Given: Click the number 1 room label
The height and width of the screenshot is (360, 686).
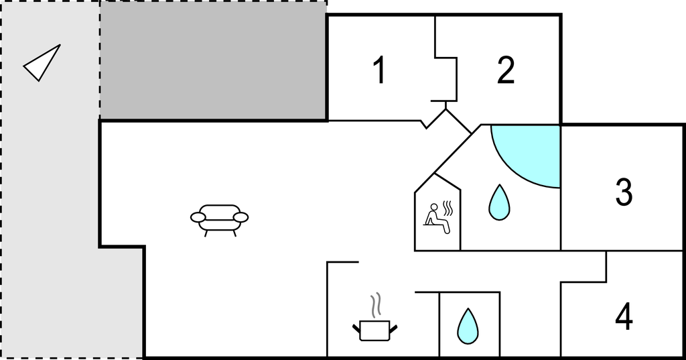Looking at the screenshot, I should [379, 70].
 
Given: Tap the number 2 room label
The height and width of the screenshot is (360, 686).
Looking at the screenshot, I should [506, 70].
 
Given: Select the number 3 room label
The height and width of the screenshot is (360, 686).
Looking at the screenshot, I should [624, 192].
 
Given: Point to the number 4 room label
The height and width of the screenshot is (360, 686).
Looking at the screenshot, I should [624, 316].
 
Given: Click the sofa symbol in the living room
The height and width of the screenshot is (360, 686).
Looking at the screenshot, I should [219, 219].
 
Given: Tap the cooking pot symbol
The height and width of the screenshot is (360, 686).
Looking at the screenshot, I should [374, 329].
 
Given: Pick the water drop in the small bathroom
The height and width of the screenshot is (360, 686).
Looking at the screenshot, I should [468, 326].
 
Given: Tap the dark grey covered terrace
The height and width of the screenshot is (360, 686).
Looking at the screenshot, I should [213, 60].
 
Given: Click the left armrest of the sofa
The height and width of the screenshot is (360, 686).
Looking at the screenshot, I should [198, 217].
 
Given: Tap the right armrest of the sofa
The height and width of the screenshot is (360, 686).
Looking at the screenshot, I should [241, 217].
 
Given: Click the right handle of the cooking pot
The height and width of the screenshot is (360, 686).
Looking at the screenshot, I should [395, 327].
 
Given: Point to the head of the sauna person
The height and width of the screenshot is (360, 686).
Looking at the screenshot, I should [433, 207].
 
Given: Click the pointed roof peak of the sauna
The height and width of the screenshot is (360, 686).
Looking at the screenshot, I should [436, 174].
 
